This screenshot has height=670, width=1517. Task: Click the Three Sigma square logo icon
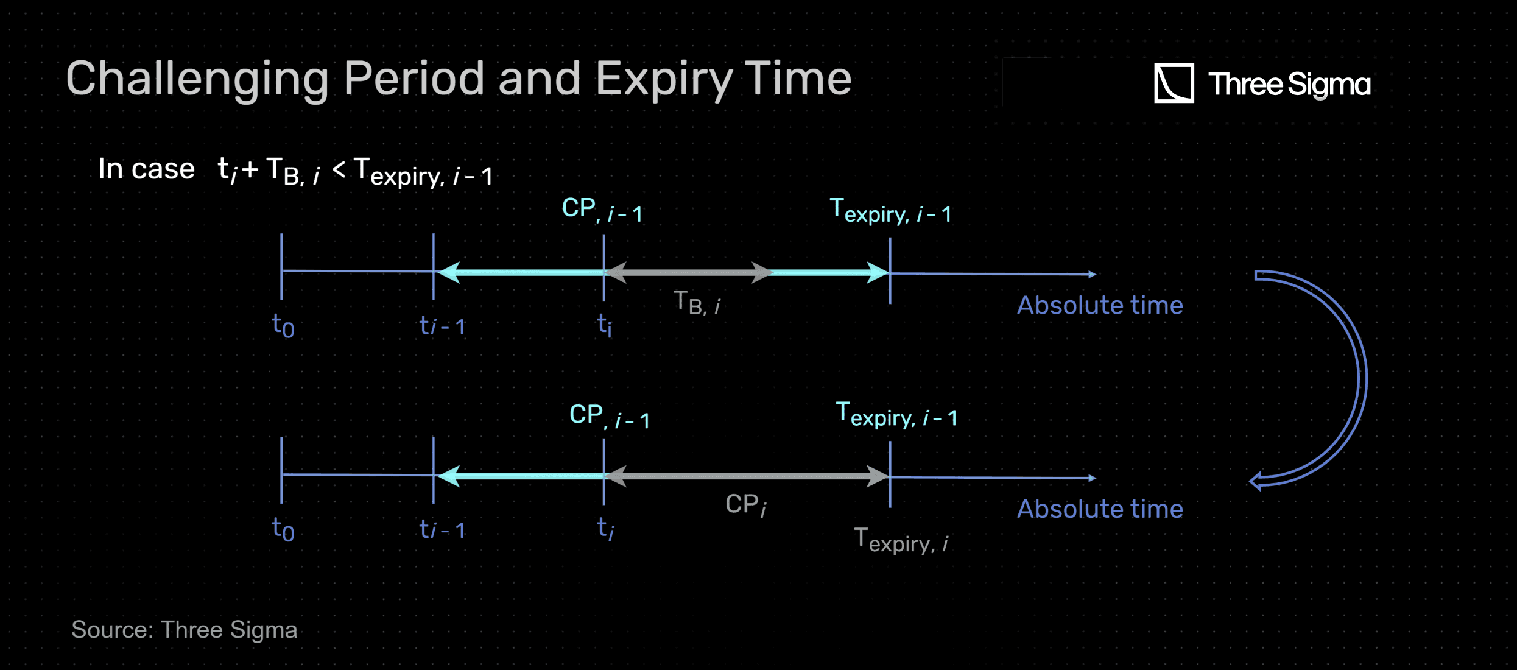1174,83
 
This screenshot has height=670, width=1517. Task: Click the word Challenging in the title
197,80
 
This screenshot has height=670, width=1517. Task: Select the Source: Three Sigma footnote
184,630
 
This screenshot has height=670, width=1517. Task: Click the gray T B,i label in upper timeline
697,302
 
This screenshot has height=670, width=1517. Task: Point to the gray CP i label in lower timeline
746,505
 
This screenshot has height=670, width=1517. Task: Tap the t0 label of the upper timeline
283,326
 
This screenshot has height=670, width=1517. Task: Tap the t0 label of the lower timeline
283,529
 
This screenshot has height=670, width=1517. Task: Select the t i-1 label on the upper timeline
443,326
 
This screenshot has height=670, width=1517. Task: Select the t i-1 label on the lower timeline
443,529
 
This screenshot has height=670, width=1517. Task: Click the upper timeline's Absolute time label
1100,305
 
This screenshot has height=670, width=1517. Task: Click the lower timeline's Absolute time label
1100,509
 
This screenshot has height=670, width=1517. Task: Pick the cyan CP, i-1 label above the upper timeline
602,210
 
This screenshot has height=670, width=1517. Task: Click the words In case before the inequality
146,169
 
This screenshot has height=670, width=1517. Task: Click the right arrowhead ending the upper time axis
1093,275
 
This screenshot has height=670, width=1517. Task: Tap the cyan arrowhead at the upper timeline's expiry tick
878,272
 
